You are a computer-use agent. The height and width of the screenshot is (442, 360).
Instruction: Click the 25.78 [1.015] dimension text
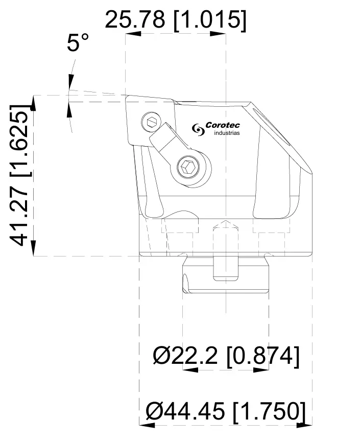tap(175, 20)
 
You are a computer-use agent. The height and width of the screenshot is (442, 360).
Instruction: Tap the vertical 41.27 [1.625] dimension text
tap(21, 175)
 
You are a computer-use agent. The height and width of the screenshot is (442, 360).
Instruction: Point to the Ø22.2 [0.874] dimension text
tap(226, 356)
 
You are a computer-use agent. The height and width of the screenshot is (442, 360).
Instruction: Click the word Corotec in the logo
tap(222, 125)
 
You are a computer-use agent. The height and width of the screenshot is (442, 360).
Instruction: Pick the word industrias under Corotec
tap(226, 133)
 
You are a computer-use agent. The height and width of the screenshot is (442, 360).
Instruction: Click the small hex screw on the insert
tap(150, 122)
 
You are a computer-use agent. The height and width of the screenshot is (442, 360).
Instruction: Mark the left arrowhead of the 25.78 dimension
tap(132, 34)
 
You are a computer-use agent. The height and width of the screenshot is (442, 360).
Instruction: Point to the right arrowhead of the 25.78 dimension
tap(219, 34)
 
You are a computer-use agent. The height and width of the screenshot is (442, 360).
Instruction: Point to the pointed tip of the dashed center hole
tap(225, 222)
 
